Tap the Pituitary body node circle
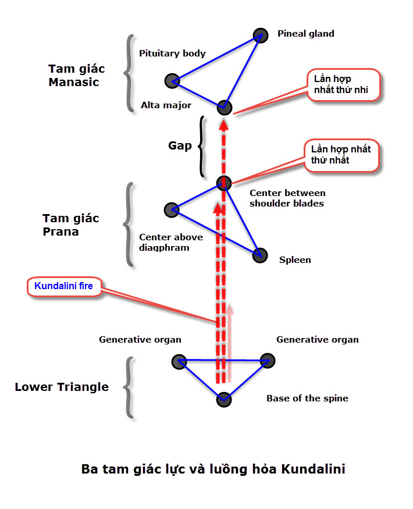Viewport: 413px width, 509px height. click(172, 80)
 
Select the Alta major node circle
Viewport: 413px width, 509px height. click(225, 107)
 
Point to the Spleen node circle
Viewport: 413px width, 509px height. click(259, 255)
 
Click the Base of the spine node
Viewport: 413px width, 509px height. click(224, 400)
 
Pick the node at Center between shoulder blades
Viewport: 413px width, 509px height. click(225, 183)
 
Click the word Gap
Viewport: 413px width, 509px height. click(180, 145)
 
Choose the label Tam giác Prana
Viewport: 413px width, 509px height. click(70, 225)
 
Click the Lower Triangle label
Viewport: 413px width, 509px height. click(62, 387)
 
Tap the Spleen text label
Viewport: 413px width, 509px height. click(295, 260)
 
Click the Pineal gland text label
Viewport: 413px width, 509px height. click(306, 34)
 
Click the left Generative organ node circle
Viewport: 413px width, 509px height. click(179, 362)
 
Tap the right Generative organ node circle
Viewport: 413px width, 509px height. click(267, 361)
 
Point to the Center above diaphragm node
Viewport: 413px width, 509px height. click(171, 209)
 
